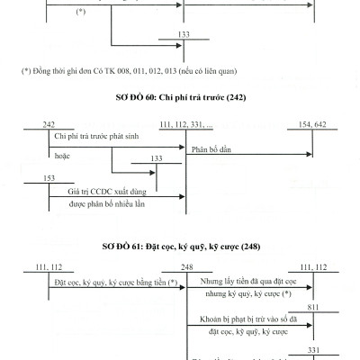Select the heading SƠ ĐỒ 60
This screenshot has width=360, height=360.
(179, 96)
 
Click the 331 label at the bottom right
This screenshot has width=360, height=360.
(312, 349)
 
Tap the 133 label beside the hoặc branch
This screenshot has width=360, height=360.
(157, 157)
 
